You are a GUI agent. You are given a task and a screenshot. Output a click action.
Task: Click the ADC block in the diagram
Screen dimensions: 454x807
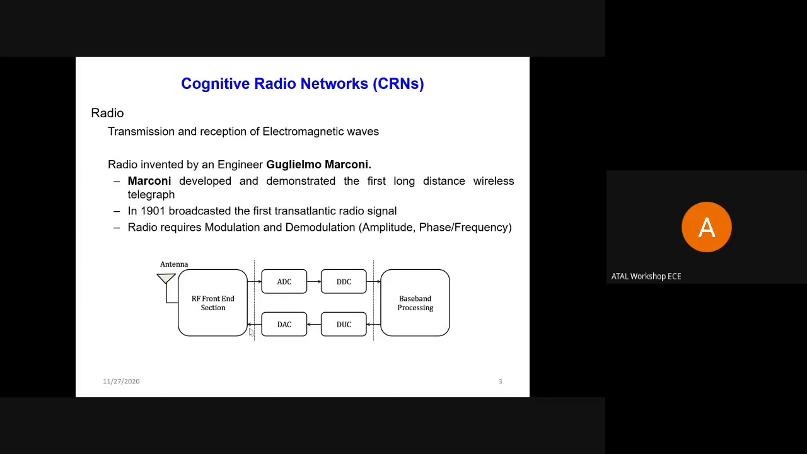(284, 282)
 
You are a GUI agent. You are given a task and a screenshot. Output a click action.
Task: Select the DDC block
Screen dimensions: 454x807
(344, 282)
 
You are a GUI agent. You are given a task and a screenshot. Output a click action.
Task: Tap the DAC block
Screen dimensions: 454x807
(284, 325)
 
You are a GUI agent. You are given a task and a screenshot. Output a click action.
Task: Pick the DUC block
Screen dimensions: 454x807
(344, 325)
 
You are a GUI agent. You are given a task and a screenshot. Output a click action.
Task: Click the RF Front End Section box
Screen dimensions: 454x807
(213, 303)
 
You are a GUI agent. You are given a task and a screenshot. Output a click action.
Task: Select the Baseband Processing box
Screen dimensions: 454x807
(415, 303)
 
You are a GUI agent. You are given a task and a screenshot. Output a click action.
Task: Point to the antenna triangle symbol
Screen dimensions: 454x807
(166, 278)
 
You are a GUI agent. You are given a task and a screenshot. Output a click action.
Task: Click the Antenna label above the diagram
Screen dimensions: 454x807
(174, 264)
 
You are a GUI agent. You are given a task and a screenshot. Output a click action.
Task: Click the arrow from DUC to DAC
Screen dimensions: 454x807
(314, 325)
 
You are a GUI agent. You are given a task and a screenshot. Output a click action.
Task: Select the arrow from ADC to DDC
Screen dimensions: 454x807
(314, 282)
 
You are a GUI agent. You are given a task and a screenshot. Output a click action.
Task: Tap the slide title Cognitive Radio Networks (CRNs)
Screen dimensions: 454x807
(302, 84)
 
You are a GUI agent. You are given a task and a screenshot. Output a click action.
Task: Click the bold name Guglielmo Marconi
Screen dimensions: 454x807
(318, 165)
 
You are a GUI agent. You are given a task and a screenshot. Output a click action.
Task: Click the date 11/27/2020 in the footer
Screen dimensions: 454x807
(121, 381)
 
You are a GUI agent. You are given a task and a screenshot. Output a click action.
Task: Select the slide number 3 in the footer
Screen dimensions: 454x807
(500, 381)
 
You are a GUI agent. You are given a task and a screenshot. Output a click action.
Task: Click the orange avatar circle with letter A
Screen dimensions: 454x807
(706, 227)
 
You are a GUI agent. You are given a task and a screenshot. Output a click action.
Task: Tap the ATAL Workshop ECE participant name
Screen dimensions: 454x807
(646, 276)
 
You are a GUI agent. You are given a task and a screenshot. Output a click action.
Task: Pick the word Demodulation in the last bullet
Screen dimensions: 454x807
(320, 228)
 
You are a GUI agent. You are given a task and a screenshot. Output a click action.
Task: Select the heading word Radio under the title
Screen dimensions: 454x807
(107, 113)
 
